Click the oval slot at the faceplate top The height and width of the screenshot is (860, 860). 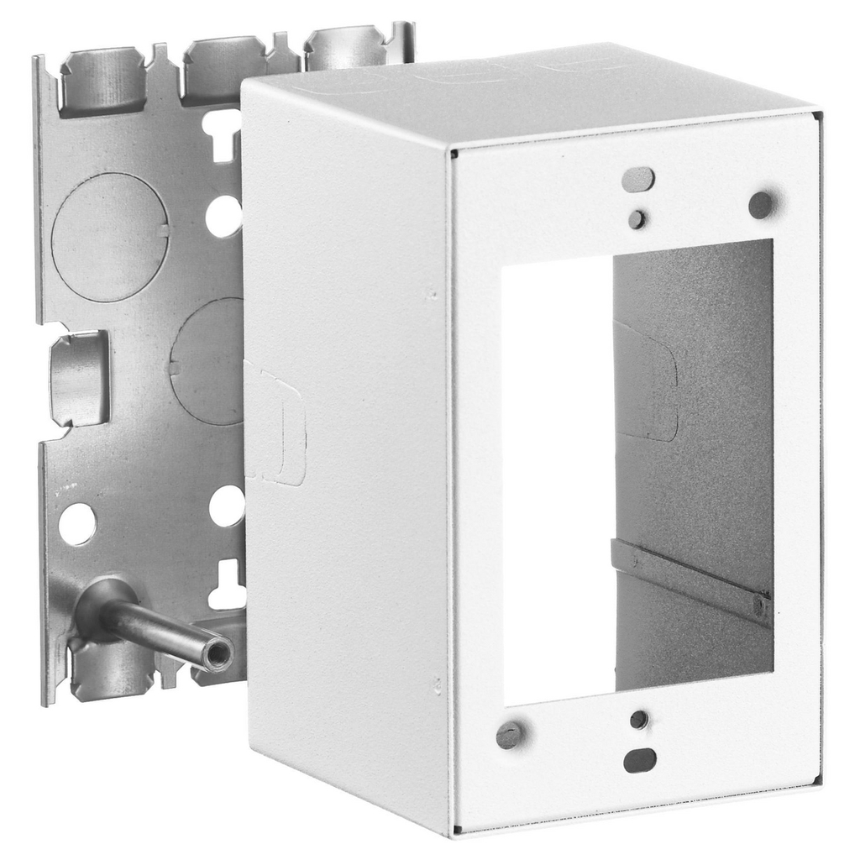coord(638,178)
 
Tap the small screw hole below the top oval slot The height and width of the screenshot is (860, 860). coord(637,219)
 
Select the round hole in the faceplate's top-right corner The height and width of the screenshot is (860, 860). coord(761,204)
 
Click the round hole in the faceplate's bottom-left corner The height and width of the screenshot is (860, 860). coord(510,735)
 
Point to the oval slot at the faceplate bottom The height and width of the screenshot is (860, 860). coord(640,760)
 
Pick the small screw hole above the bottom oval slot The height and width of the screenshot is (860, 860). coord(639,720)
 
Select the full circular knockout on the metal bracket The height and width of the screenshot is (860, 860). coord(110,238)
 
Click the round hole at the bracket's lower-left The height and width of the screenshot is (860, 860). coord(77,524)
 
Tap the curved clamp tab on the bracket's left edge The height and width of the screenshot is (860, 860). coord(79,378)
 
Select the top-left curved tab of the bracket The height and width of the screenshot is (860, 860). coord(103,81)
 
